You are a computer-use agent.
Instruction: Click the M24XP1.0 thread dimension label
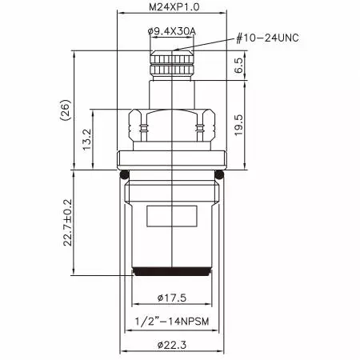pos(172,7)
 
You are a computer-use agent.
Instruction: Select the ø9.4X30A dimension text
pos(171,31)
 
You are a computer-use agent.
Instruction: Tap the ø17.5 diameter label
pos(172,298)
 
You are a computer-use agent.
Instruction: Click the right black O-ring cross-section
pos(220,174)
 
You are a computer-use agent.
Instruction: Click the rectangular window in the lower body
pos(172,217)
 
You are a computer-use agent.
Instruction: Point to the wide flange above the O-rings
pos(172,160)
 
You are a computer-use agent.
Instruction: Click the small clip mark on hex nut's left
pos(144,126)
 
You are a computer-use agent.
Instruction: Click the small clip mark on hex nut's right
pos(199,126)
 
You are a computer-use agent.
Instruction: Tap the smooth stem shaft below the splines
pos(172,92)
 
